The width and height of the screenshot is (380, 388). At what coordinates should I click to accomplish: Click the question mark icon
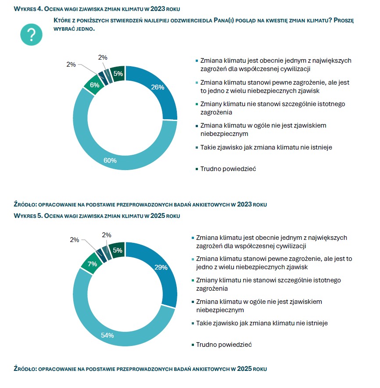tap(31, 35)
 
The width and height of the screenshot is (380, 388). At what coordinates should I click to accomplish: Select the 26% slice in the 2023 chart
tap(158, 87)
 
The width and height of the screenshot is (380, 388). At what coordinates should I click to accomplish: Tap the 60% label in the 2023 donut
tap(110, 160)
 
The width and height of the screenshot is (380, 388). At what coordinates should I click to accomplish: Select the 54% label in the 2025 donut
tap(108, 335)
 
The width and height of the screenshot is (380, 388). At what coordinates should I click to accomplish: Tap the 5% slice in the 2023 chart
tap(118, 74)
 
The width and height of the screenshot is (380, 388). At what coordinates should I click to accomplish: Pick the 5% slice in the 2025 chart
tap(117, 250)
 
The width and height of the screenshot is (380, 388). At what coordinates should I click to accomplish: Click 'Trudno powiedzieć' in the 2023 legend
tap(228, 168)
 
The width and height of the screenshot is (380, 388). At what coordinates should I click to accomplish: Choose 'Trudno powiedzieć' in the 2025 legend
tap(223, 345)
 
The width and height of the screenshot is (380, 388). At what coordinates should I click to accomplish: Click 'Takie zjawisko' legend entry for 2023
tap(266, 147)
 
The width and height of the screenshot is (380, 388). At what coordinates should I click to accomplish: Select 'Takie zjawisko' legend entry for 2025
tap(262, 323)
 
